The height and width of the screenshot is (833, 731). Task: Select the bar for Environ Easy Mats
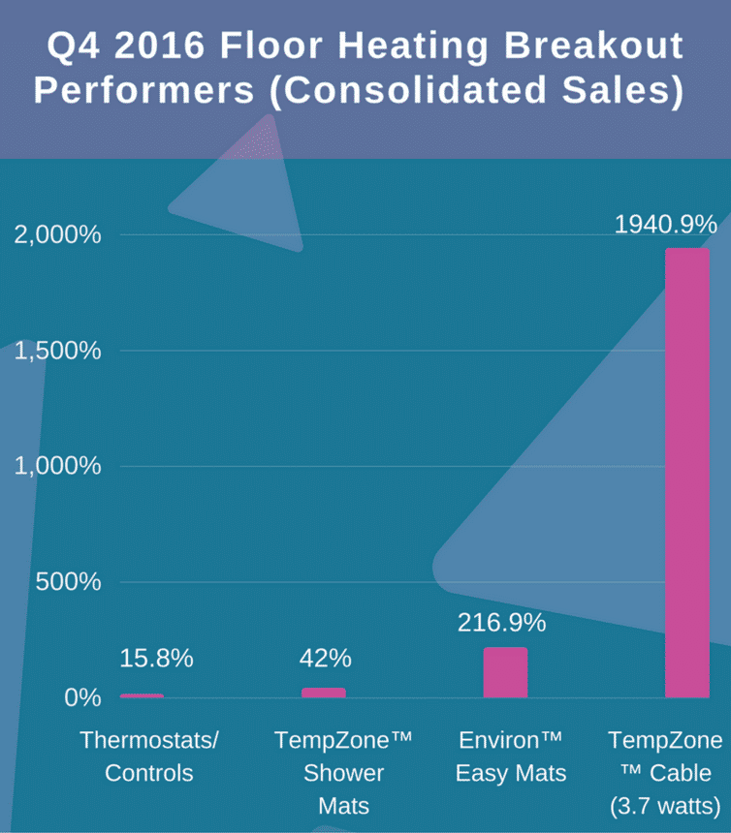pos(505,672)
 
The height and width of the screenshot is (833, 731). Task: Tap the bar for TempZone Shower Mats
pos(324,693)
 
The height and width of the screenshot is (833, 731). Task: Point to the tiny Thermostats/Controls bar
pos(142,695)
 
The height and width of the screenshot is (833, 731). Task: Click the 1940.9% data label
pos(666,225)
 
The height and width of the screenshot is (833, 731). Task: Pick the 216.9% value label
pos(501,623)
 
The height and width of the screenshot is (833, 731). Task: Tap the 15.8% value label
pos(156,659)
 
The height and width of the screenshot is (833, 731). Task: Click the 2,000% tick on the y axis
pos(58,235)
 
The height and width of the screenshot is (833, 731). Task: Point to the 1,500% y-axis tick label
pos(58,351)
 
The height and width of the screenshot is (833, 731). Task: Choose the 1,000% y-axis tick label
pos(58,466)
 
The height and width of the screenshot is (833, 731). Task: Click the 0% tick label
pos(82,697)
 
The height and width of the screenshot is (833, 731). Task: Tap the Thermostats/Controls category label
pos(149,757)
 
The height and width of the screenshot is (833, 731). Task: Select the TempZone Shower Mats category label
pos(344,773)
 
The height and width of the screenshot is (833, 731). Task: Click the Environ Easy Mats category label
pos(510,757)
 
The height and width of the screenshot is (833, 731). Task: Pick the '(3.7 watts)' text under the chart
pos(665,806)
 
